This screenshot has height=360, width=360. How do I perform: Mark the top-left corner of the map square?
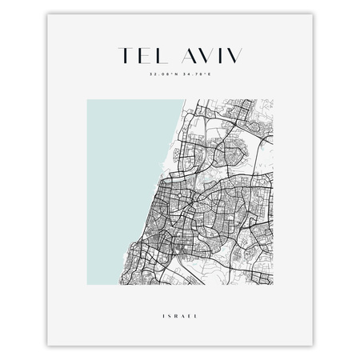[86, 99]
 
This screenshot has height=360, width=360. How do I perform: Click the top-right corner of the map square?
[274, 99]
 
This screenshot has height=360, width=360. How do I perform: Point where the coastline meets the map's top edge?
[186, 99]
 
